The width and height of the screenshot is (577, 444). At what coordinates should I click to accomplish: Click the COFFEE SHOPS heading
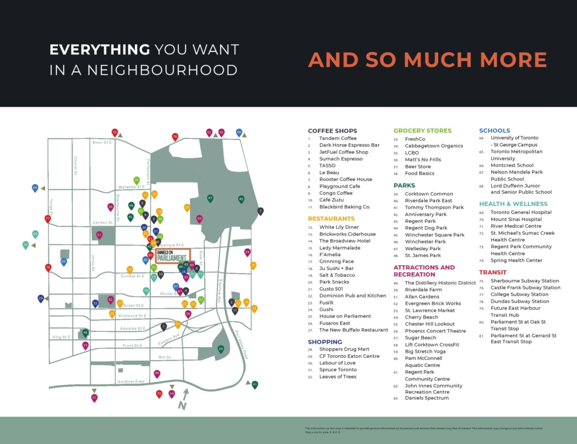pyautogui.click(x=332, y=131)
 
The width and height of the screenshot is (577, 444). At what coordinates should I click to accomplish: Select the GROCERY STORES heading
pyautogui.click(x=422, y=131)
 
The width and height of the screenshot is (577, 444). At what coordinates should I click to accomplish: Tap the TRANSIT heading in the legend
pyautogui.click(x=493, y=273)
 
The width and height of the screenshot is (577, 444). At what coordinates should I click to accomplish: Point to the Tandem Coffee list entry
pyautogui.click(x=338, y=138)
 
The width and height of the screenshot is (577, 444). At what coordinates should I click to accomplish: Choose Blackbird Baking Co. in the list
pyautogui.click(x=345, y=207)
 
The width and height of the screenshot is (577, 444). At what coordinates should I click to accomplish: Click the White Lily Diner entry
pyautogui.click(x=339, y=227)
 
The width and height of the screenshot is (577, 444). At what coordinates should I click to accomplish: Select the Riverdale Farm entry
pyautogui.click(x=423, y=290)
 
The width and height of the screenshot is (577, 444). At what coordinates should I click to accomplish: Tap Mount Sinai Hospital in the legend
pyautogui.click(x=516, y=219)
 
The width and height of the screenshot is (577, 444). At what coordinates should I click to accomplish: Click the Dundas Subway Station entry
pyautogui.click(x=519, y=301)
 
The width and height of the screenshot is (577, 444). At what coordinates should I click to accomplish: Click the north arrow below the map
pyautogui.click(x=183, y=399)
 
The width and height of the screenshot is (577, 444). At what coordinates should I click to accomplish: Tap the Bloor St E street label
pyautogui.click(x=102, y=142)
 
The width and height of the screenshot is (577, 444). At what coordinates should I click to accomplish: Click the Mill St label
pyautogui.click(x=164, y=357)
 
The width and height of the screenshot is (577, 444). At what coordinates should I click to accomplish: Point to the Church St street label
pyautogui.click(x=75, y=165)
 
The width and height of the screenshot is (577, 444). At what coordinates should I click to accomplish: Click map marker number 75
pyautogui.click(x=115, y=132)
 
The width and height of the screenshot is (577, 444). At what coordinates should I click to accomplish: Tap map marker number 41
pyautogui.click(x=255, y=385)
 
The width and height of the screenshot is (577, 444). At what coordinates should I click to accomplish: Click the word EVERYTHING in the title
pyautogui.click(x=100, y=50)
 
